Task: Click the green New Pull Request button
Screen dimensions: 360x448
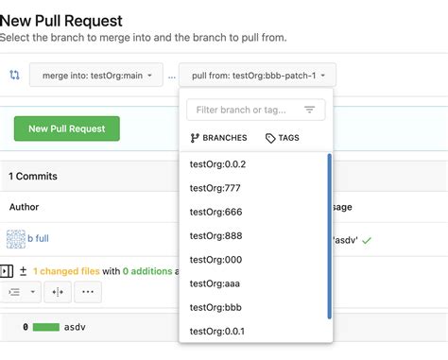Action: (x=66, y=129)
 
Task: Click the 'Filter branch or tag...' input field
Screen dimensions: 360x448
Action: (x=248, y=110)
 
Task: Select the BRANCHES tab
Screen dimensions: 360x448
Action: (x=218, y=138)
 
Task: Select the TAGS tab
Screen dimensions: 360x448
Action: (x=283, y=138)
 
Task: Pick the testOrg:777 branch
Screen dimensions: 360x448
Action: (x=215, y=188)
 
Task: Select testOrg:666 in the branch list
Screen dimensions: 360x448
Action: (x=215, y=212)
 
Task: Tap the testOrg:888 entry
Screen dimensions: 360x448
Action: (x=215, y=235)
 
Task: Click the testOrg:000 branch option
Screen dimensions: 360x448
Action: (x=215, y=259)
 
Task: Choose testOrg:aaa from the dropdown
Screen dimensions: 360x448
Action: (x=215, y=283)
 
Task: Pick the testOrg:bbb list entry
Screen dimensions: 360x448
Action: (x=215, y=306)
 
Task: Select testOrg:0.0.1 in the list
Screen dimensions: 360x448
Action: (x=217, y=330)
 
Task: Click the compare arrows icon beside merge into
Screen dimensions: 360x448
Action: (x=14, y=75)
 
